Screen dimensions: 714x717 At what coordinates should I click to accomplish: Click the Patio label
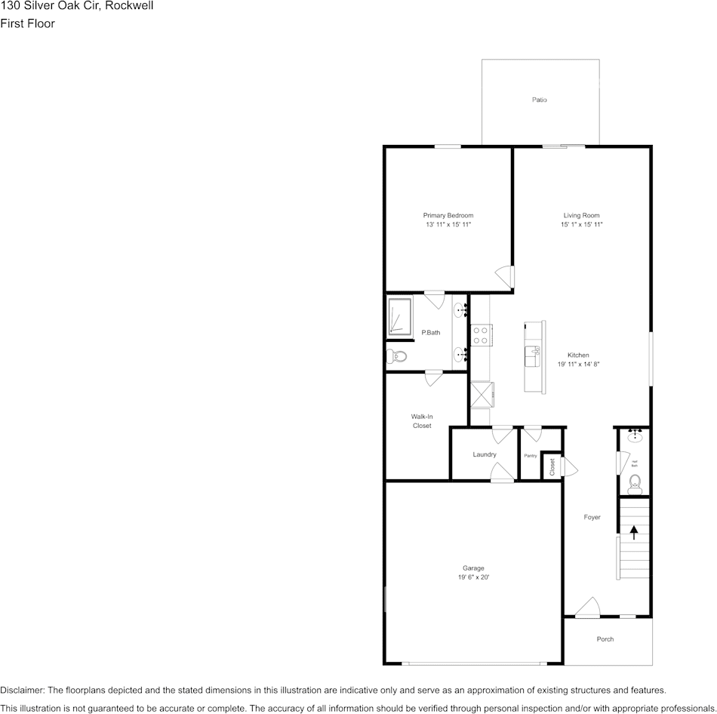[539, 100]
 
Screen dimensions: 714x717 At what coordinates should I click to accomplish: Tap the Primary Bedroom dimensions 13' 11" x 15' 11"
[448, 225]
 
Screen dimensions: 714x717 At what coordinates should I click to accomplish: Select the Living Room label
[581, 215]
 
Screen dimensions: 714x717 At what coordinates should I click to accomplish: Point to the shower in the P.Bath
[399, 315]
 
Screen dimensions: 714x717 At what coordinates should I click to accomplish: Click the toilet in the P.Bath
[396, 355]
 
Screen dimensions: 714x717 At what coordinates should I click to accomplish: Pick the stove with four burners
[481, 334]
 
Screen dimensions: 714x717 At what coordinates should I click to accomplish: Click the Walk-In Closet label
[422, 421]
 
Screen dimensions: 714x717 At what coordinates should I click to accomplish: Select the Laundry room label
[485, 454]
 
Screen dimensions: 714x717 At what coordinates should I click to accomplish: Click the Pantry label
[531, 456]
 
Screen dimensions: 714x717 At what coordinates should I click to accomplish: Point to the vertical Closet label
[552, 466]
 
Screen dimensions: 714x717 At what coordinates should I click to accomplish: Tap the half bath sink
[635, 435]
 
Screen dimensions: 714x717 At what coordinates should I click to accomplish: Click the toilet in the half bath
[635, 482]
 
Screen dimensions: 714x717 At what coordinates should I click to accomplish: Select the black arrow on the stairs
[634, 531]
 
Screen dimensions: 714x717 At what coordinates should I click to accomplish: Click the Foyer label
[592, 517]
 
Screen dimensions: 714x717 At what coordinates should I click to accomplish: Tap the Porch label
[605, 639]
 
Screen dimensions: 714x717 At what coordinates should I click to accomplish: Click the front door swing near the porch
[586, 607]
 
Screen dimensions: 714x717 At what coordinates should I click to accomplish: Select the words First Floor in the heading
[27, 23]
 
